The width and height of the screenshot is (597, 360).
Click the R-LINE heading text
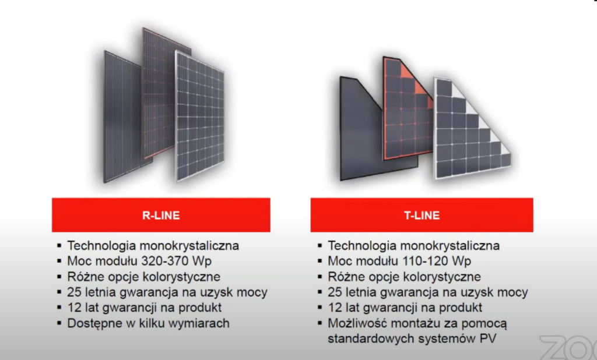coord(161,216)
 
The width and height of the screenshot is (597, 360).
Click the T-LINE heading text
coord(422,216)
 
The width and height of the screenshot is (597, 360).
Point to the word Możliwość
coord(357,323)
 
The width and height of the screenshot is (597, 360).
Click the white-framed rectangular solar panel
coord(200,116)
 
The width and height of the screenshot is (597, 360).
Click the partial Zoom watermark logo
coord(568,347)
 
